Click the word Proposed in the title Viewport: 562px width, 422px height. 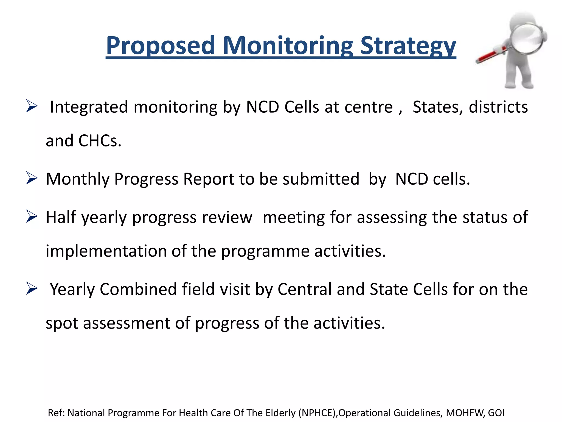[x=160, y=46]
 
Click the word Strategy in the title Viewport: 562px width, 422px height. [x=408, y=46]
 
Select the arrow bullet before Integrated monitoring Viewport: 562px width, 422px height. [x=32, y=106]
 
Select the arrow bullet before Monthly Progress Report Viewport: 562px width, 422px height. [x=32, y=178]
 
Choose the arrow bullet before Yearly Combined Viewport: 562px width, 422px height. [x=32, y=289]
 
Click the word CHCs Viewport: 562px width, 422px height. [x=100, y=141]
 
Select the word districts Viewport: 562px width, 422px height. [x=498, y=107]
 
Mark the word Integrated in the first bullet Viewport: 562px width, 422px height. [x=89, y=107]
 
